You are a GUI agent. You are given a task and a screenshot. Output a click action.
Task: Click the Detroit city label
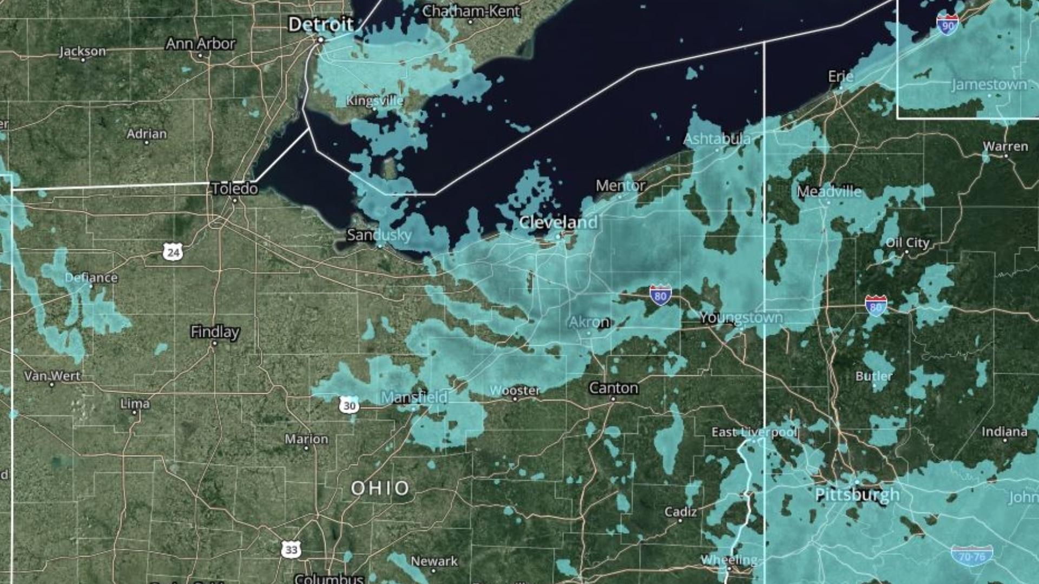(x=320, y=24)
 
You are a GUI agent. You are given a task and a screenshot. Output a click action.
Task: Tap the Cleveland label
(x=558, y=222)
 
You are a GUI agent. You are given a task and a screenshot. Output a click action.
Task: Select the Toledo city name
(x=234, y=189)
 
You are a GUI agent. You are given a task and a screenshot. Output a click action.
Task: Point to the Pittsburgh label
(x=857, y=494)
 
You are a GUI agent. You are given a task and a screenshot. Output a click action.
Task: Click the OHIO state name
(x=380, y=488)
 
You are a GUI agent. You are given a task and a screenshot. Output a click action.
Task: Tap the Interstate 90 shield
(x=947, y=25)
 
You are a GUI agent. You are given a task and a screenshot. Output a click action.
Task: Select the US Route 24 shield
(x=173, y=252)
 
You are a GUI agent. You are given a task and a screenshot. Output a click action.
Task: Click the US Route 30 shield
(x=349, y=406)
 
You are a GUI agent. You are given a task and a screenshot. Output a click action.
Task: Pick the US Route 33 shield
(x=291, y=550)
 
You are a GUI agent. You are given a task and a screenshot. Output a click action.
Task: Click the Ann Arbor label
(x=201, y=43)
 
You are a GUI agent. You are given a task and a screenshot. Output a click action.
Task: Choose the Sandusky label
(x=379, y=235)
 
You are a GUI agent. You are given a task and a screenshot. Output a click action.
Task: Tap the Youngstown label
(x=741, y=317)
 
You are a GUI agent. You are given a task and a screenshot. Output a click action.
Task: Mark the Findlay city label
(x=215, y=331)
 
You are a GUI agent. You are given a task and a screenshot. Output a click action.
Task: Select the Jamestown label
(x=989, y=85)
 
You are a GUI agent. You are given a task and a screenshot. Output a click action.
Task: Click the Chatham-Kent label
(x=471, y=11)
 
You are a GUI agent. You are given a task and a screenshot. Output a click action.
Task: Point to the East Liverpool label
(x=754, y=432)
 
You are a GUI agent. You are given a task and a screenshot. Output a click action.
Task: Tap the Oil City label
(x=908, y=243)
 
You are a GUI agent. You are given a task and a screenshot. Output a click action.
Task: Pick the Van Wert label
(x=52, y=376)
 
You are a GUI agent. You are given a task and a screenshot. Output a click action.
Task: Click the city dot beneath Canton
(x=613, y=399)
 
